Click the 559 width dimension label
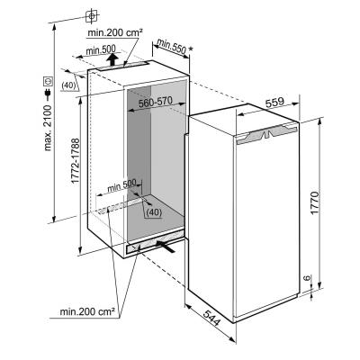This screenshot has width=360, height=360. click(x=274, y=102)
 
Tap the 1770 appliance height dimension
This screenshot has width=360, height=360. click(x=316, y=202)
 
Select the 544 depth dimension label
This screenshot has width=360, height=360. click(x=211, y=318)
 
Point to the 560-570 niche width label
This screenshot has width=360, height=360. click(x=156, y=102)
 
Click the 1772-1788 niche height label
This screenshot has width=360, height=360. click(x=76, y=161)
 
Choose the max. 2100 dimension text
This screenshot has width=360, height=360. click(x=48, y=128)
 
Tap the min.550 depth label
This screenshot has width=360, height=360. click(x=171, y=46)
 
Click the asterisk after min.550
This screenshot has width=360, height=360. click(x=191, y=49)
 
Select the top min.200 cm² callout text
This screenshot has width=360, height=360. click(x=114, y=32)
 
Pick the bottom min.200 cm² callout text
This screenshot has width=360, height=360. click(x=87, y=311)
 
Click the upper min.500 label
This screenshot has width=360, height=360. click(x=101, y=50)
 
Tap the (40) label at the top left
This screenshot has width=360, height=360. click(x=68, y=85)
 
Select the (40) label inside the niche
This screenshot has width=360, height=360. click(x=155, y=212)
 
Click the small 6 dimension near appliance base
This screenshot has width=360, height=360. click(x=307, y=277)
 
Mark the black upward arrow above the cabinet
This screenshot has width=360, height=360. click(x=112, y=58)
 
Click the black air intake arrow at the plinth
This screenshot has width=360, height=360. click(x=166, y=247)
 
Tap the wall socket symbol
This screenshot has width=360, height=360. click(x=48, y=81)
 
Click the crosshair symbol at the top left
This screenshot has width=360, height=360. click(x=92, y=15)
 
